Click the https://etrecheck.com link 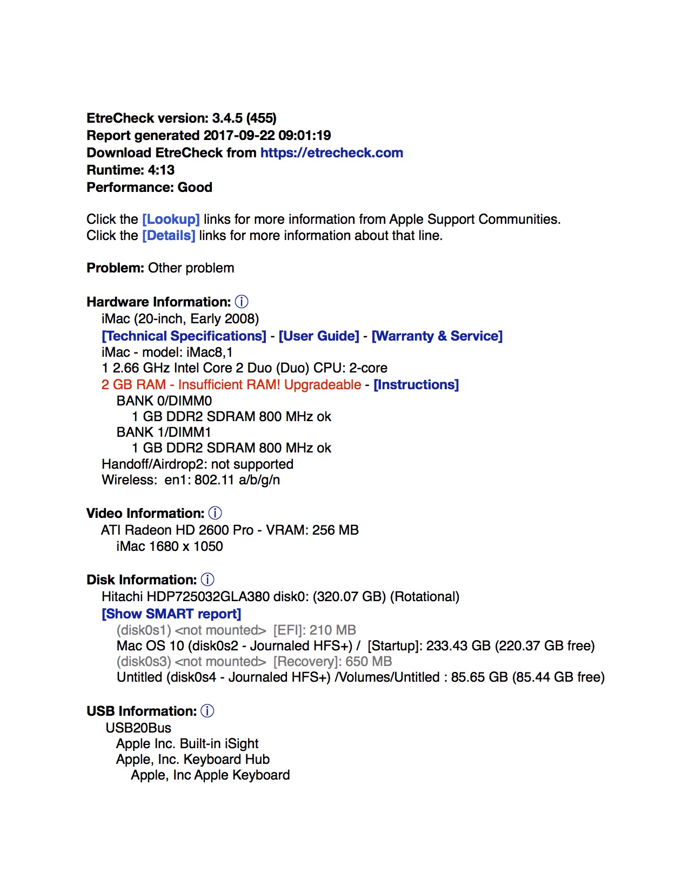tap(331, 153)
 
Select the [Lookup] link tap(171, 219)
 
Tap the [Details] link tap(169, 236)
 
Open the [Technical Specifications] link tap(184, 336)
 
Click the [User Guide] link tap(319, 336)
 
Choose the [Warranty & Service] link tap(437, 336)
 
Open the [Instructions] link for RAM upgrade tap(416, 385)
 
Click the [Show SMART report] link tap(171, 614)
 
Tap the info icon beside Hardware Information tap(242, 302)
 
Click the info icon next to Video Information tap(215, 513)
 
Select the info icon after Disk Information tap(208, 580)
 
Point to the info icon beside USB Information tap(208, 711)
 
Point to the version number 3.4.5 tap(227, 118)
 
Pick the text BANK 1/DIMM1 tap(164, 432)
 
